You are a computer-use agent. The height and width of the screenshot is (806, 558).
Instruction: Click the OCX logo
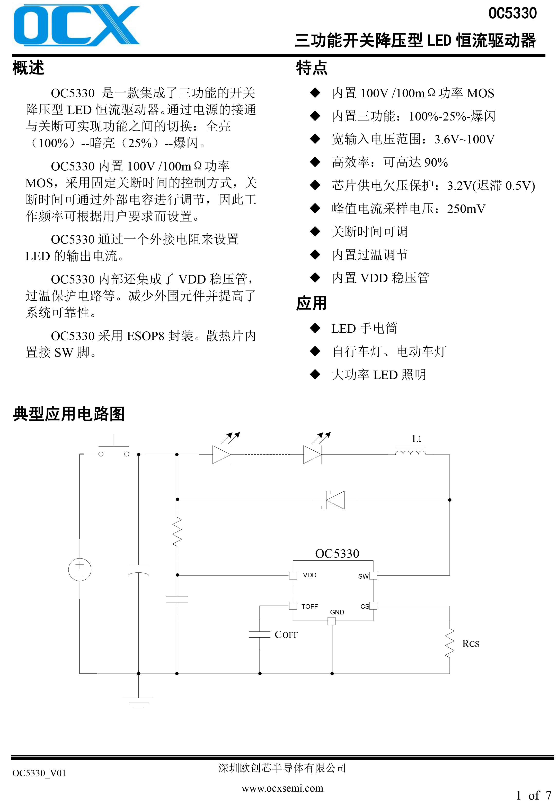click(76, 25)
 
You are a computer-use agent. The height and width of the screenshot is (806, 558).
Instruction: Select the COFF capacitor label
click(286, 634)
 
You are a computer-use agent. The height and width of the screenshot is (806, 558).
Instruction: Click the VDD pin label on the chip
click(309, 575)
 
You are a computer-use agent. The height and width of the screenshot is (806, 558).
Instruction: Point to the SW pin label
click(363, 576)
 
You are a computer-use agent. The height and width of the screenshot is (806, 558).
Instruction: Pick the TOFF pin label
click(309, 606)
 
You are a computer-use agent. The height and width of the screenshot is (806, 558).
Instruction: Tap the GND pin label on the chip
click(337, 612)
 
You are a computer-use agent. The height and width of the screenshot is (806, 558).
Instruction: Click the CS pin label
click(364, 606)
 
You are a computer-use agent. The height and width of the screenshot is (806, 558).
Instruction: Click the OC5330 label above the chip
click(337, 553)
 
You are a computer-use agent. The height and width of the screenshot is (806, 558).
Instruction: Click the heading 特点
click(311, 67)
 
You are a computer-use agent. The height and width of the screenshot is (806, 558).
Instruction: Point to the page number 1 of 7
click(533, 795)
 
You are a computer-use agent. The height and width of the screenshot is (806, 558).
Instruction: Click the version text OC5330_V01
click(39, 773)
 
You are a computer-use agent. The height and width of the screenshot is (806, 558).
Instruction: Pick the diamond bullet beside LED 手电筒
click(315, 328)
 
